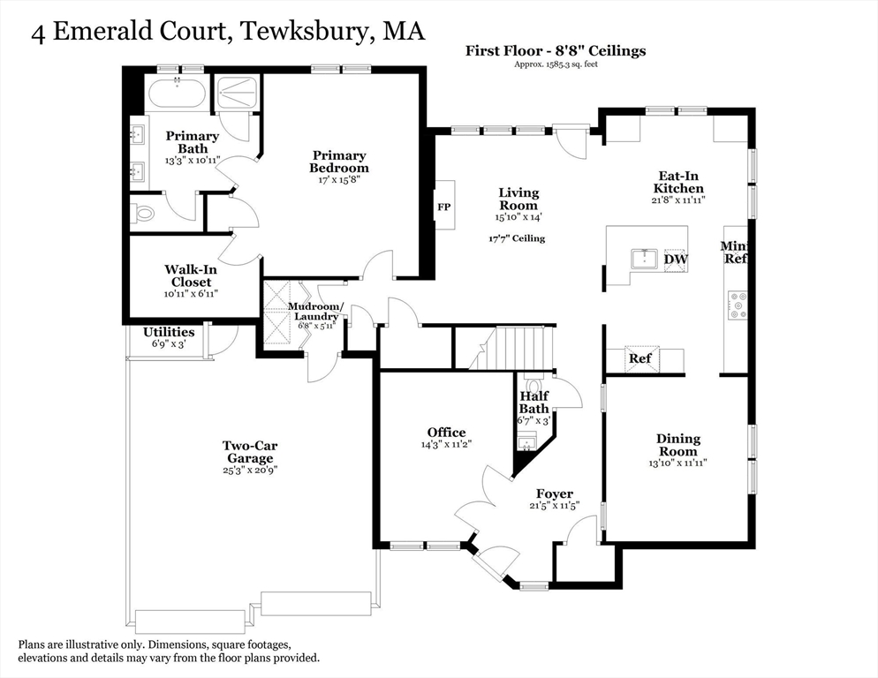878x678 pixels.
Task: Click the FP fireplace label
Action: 444,207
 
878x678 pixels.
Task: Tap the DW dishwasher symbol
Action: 676,260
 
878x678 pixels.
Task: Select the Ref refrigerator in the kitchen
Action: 641,359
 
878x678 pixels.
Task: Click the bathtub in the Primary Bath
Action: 178,93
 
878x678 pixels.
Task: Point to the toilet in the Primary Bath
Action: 142,214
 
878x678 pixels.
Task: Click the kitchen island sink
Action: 645,260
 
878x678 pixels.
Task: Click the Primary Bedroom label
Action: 339,162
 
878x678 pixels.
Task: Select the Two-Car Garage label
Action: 250,452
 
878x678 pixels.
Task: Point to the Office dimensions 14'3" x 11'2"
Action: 446,445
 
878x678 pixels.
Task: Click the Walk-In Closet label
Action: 191,275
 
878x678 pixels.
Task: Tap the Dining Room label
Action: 678,445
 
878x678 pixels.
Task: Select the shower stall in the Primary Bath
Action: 237,93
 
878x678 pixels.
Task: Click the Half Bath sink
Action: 527,442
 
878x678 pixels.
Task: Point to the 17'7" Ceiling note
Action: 517,238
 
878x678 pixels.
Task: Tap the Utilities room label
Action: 169,332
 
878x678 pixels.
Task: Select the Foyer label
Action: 555,493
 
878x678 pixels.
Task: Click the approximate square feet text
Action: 556,64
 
